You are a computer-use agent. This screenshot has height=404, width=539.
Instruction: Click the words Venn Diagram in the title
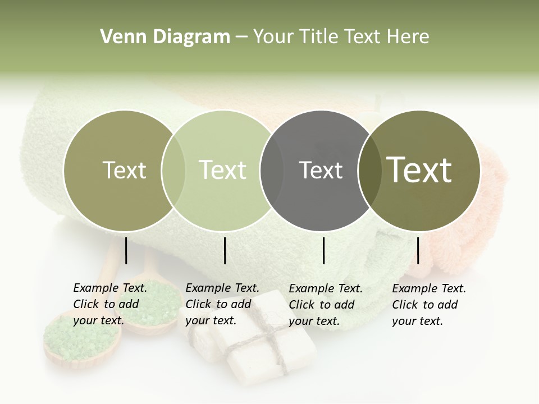point(165,37)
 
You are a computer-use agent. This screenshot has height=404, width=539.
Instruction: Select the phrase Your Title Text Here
point(341,37)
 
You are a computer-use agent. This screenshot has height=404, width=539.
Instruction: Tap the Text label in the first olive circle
point(124,170)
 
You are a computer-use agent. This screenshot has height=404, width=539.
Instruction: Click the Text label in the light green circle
point(223,170)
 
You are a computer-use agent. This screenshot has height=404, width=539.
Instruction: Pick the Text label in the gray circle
point(321,170)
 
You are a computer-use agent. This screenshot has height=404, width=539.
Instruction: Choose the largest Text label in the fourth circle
point(419,170)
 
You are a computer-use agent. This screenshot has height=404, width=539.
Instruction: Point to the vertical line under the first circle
point(126,250)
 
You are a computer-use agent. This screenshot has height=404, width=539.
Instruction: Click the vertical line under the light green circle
point(225,250)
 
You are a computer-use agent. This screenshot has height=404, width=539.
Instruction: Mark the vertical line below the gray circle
point(323,250)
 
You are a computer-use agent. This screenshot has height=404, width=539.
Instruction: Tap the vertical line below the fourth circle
point(418,250)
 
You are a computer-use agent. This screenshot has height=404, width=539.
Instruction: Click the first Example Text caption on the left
point(110,304)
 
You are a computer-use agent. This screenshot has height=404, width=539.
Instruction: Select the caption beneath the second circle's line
point(222,304)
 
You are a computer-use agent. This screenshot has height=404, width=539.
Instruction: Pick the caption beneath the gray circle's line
point(326,304)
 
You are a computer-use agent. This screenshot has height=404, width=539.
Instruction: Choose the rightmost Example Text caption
point(429,304)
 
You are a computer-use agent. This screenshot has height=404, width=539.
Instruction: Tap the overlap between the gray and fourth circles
point(367,171)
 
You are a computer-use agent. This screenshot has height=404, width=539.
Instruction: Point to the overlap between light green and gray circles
point(272,171)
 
